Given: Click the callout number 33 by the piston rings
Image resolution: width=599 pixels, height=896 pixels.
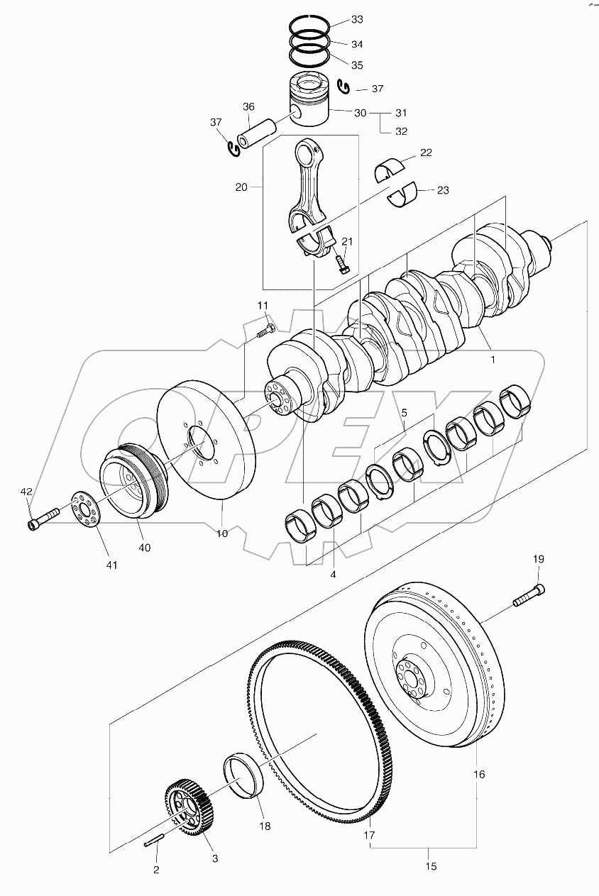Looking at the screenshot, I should coord(356,18).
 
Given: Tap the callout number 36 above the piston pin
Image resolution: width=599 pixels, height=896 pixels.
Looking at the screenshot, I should coord(248,107).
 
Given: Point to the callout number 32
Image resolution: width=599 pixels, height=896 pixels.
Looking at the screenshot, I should coord(401,131).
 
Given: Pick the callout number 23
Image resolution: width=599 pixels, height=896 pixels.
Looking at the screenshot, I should coord(443,190).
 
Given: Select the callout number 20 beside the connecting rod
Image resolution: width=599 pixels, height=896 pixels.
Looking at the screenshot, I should coord(241,187).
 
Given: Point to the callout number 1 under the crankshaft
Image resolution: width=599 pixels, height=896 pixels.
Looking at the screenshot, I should coord(491,360).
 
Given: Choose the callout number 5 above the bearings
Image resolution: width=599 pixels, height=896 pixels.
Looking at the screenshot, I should coord(404,412).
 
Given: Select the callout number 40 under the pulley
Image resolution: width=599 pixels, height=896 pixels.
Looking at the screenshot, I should coord(145,547).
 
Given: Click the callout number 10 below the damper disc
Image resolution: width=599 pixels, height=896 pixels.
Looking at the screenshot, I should coord(222,533).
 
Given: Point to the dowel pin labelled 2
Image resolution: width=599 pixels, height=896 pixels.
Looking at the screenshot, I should coord(153,842).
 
